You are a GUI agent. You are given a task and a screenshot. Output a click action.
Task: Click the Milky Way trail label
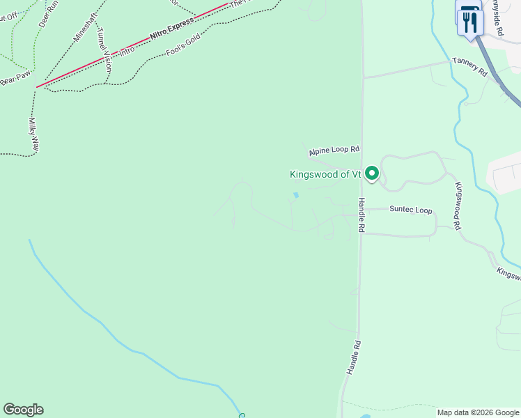click(x=33, y=135)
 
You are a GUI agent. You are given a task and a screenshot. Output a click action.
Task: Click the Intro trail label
click(x=127, y=50)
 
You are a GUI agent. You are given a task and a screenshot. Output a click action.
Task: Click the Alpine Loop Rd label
click(x=334, y=150)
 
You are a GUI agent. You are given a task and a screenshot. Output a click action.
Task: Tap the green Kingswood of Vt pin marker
click(x=372, y=173)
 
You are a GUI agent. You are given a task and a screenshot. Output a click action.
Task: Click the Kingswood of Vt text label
click(x=325, y=175)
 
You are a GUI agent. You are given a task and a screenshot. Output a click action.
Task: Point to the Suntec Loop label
click(x=410, y=210)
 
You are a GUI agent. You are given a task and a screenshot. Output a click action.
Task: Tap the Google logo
click(x=23, y=410)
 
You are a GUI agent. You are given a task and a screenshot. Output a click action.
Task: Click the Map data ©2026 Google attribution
click(x=478, y=412)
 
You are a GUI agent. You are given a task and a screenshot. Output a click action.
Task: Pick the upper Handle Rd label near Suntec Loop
click(x=361, y=215)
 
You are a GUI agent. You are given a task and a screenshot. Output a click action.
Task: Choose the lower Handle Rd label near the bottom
click(x=354, y=359)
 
